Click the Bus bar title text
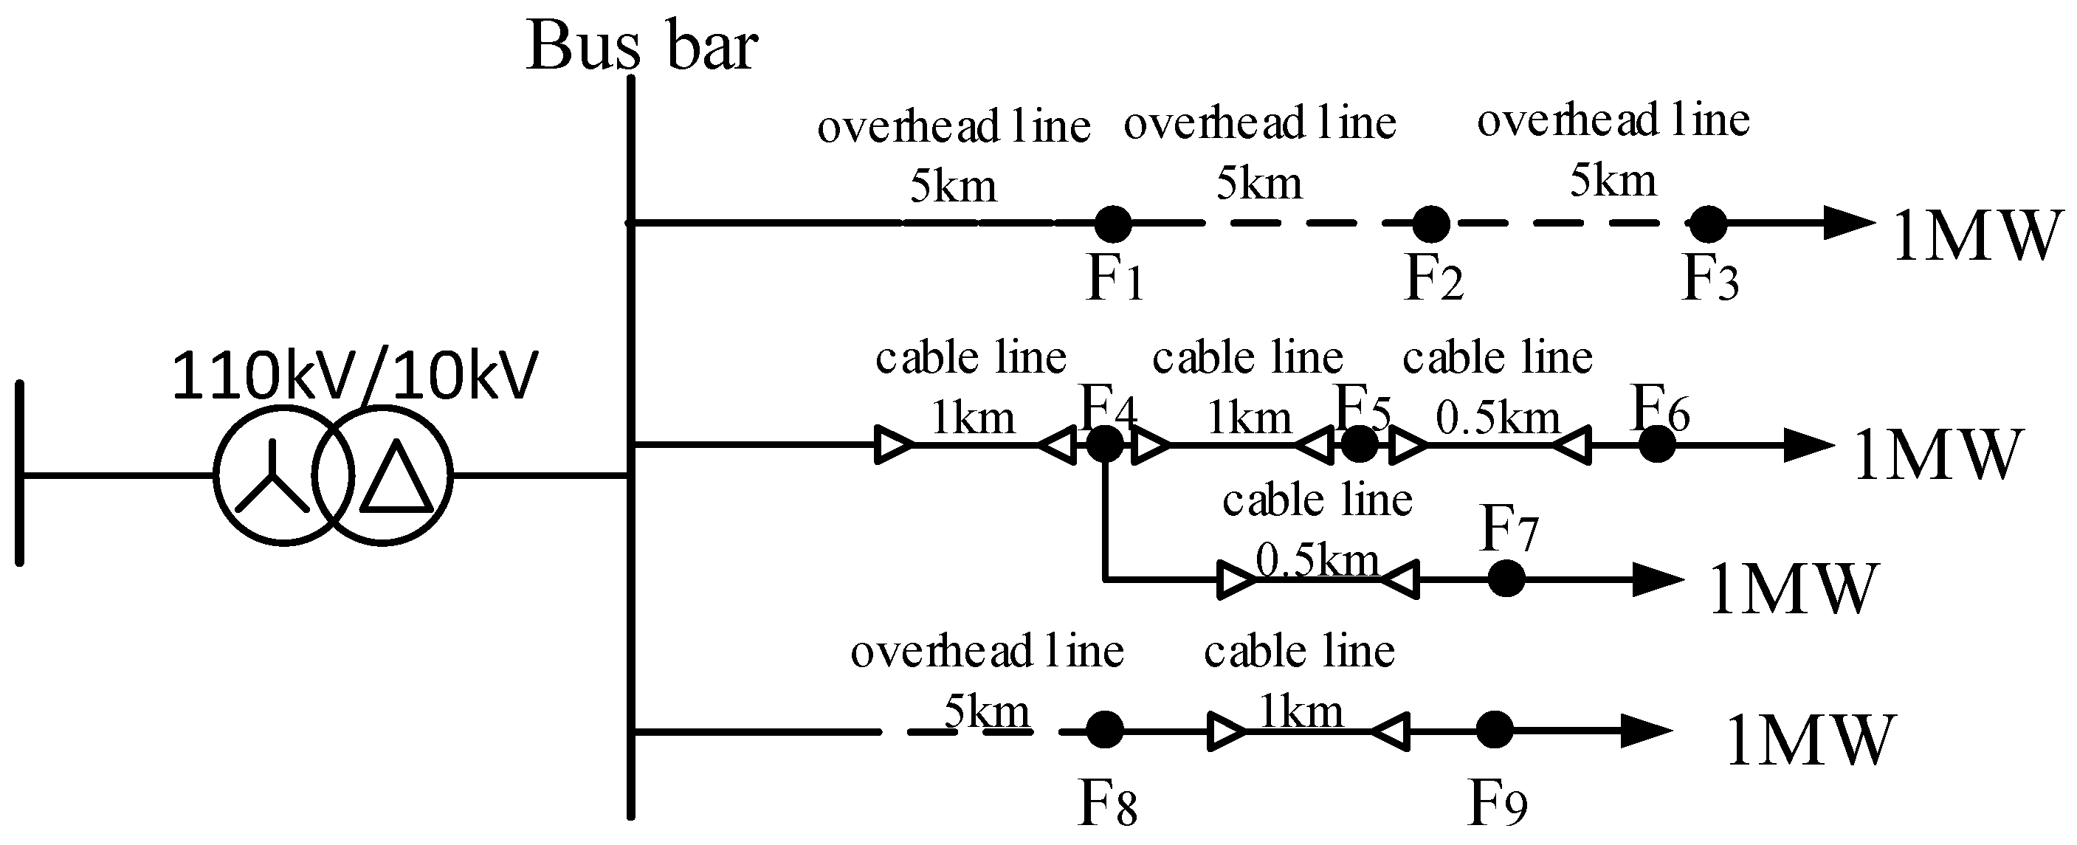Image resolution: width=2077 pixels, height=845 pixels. [x=642, y=46]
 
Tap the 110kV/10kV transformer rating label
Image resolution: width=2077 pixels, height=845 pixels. [x=355, y=376]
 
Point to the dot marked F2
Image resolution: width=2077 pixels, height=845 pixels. [x=1431, y=224]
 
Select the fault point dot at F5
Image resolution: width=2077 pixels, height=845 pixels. [x=1360, y=444]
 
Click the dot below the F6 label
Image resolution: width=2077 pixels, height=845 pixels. [x=1657, y=444]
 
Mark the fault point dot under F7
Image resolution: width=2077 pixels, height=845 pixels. [x=1505, y=579]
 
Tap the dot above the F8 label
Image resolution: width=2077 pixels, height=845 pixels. [x=1105, y=731]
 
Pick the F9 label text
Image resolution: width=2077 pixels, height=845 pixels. [x=1498, y=804]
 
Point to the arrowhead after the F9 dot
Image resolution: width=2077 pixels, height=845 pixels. [x=1644, y=731]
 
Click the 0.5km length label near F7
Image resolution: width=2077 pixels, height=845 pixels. [x=1317, y=559]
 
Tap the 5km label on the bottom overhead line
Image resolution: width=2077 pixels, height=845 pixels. [x=986, y=711]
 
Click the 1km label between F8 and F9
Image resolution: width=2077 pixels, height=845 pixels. [x=1301, y=711]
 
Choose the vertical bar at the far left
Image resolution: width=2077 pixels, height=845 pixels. [x=20, y=473]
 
